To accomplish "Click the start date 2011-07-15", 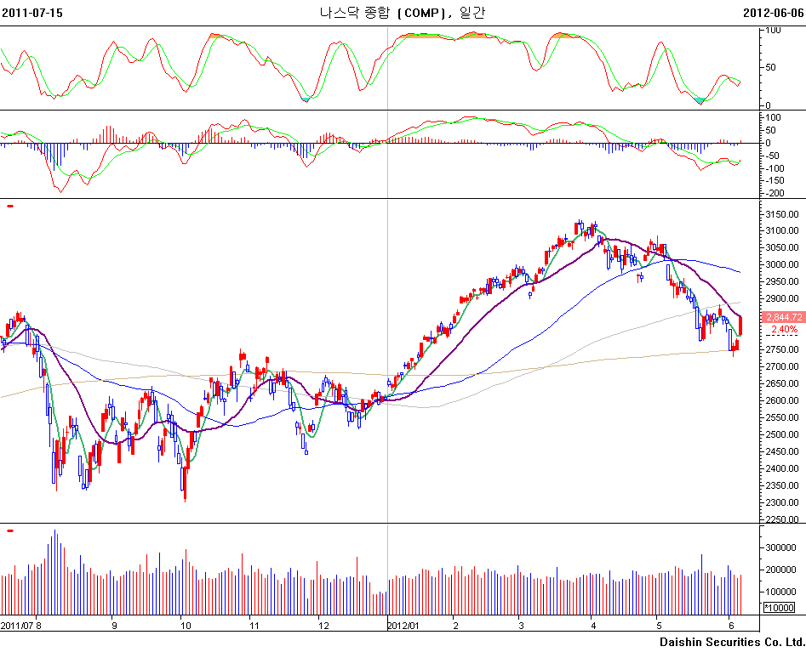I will coord(32,13).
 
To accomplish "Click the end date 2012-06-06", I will coord(773,13).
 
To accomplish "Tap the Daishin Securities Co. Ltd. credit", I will coord(732,640).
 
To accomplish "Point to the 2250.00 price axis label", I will coord(782,519).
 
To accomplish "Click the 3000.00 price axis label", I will coord(782,264).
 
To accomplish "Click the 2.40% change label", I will coord(784,329).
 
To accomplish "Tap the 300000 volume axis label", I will coord(782,548).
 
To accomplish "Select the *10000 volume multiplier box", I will coord(779,607).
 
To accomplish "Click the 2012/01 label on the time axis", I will coord(403,626).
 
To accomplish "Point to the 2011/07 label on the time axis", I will coord(16,626).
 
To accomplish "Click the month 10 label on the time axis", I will coord(186,626).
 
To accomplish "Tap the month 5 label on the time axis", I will coord(659,626).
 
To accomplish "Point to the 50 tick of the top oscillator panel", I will coord(771,67).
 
